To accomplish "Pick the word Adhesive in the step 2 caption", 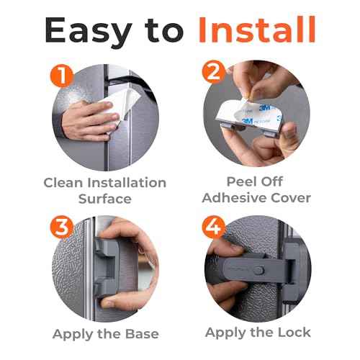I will [232, 197].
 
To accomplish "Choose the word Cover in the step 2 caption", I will [291, 197].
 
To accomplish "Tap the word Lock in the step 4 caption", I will [293, 332].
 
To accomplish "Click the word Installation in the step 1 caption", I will [127, 183].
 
